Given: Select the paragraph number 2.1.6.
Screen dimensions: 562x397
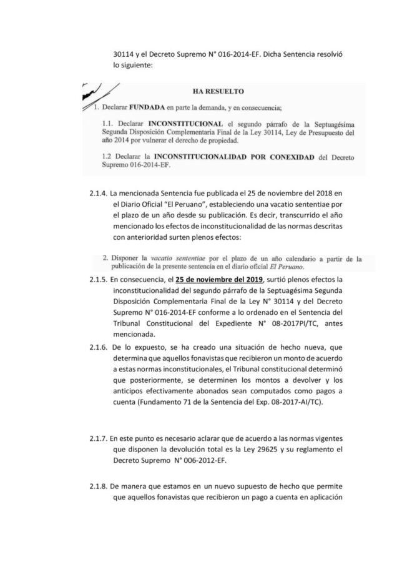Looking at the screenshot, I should pos(99,346).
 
